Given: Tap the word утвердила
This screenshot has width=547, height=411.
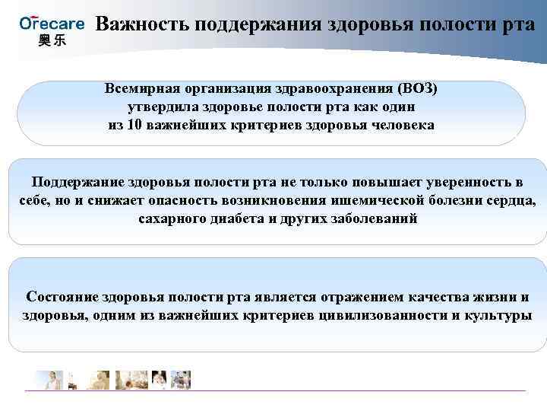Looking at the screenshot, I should coord(160,107).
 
